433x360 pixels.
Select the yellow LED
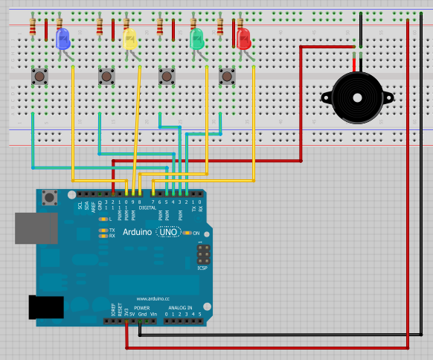click(129, 39)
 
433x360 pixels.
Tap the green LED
click(197, 38)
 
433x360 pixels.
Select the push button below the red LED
click(227, 76)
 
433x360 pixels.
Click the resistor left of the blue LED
click(32, 28)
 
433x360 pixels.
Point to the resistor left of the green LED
click(160, 28)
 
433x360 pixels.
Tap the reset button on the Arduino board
click(51, 198)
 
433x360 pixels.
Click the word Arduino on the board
click(139, 233)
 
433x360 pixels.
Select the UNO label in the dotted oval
click(169, 233)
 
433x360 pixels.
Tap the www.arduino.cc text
click(150, 299)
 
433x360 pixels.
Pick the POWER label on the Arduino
click(141, 307)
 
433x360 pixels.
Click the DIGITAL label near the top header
click(149, 208)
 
